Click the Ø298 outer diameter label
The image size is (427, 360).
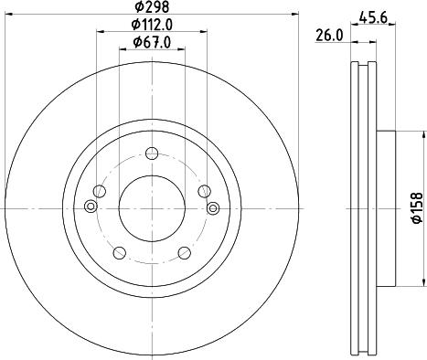151,7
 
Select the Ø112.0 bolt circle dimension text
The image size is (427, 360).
151,25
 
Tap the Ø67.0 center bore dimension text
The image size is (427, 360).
151,42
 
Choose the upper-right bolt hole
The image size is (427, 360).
204,190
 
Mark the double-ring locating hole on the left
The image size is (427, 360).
89,209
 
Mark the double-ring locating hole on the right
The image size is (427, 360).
214,209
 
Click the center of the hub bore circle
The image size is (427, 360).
152,209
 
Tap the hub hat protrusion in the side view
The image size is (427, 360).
385,209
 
